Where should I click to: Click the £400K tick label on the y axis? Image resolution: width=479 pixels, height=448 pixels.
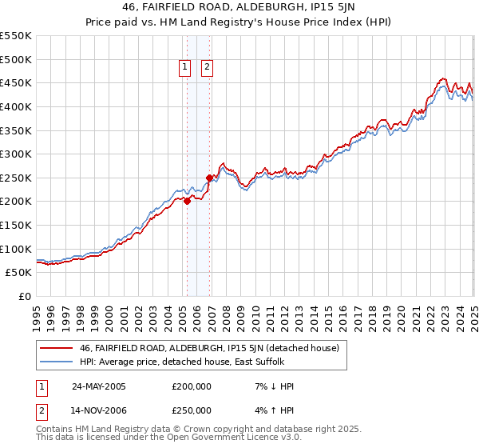pos(15,106)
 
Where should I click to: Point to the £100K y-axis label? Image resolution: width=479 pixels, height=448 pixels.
pos(15,249)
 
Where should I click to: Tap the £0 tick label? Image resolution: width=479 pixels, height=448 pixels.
pos(25,296)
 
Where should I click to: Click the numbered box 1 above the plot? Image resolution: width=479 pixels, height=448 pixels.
pos(185,68)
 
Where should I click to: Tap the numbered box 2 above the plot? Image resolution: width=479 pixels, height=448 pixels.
pos(207,68)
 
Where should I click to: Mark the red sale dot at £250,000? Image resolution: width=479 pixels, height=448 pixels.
pos(209,178)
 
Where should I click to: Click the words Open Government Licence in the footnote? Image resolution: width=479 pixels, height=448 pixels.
pos(218,438)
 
